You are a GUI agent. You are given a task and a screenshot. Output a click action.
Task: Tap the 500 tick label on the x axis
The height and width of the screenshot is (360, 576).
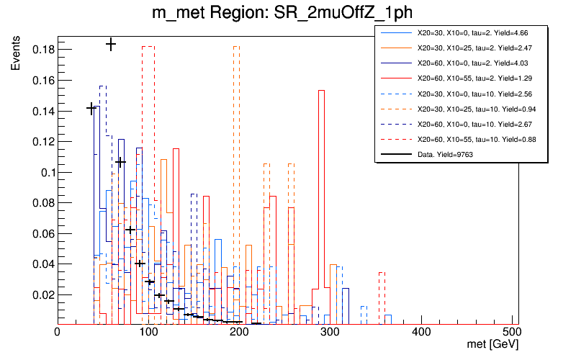pos(513,332)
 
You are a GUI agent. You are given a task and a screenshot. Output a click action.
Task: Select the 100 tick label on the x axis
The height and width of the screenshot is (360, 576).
pos(148,332)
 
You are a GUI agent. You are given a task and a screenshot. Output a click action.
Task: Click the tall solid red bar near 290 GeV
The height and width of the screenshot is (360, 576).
pos(321,202)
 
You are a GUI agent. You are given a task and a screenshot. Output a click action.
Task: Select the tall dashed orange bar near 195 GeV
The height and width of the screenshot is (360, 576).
pos(236,180)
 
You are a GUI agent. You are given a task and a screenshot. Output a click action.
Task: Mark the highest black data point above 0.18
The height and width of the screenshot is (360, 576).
pos(111,45)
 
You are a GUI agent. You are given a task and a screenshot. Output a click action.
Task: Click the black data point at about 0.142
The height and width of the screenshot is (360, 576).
pos(91,108)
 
